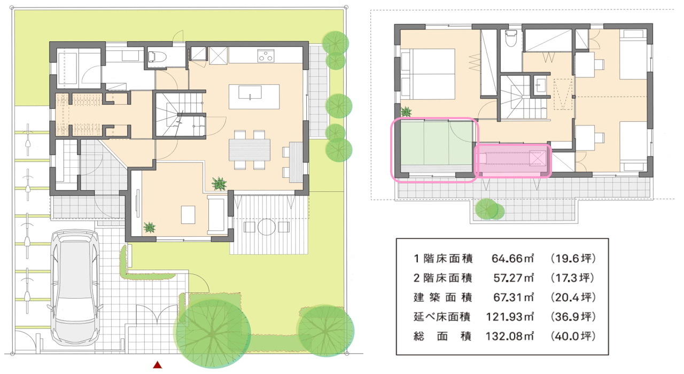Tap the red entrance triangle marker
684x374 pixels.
(157, 365)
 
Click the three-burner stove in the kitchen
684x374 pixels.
(266, 55)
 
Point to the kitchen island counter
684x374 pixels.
(246, 92)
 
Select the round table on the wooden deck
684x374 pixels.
(266, 227)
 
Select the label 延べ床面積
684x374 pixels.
(442, 317)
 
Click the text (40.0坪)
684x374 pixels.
(572, 337)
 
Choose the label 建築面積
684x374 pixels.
(442, 297)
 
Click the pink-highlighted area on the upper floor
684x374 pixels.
(513, 159)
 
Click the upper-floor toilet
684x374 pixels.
(510, 40)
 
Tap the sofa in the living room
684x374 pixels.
(218, 214)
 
